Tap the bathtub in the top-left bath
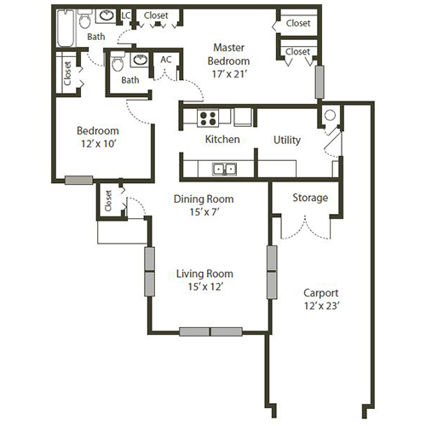pos(65,27)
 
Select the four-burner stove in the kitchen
pos(209,118)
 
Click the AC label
pos(166,60)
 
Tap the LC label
pos(126,15)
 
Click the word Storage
pos(310,198)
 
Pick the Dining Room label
pos(204,199)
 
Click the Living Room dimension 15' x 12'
pos(204,287)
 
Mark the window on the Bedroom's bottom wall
pos(79,180)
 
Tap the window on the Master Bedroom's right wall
pos(321,83)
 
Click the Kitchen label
pos(222,140)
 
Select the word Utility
pos(286,140)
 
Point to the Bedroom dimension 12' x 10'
pos(97,145)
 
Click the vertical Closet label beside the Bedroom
pos(66,73)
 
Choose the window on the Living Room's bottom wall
pos(210,331)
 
